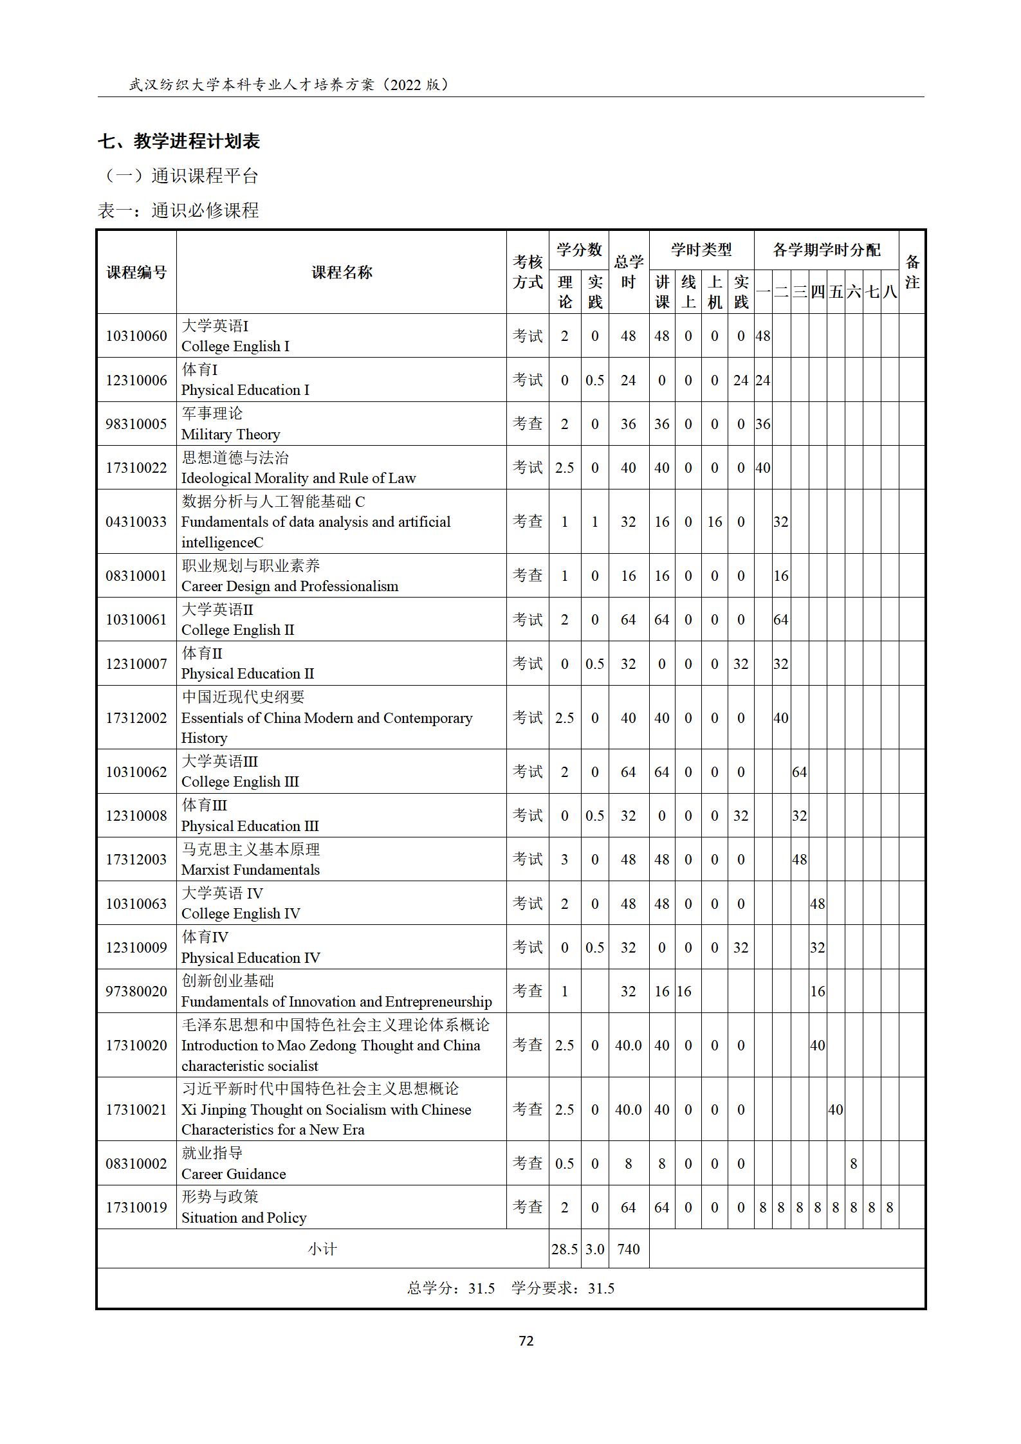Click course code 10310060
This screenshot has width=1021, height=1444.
pos(136,336)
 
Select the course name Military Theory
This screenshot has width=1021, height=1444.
pos(230,434)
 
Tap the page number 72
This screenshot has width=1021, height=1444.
pos(526,1340)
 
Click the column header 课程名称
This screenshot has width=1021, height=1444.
pos(342,272)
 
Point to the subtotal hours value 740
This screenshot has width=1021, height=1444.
pos(628,1249)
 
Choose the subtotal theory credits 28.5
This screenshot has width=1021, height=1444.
pos(564,1249)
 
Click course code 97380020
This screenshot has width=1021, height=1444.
pos(136,991)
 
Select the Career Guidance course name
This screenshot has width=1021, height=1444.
pos(233,1174)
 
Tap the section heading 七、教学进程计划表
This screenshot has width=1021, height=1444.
pos(179,141)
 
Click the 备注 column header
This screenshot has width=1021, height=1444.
pos(912,272)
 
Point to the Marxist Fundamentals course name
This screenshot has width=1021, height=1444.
pos(250,870)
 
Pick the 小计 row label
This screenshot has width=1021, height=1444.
pos(322,1249)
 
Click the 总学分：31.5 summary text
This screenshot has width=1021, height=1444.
pos(450,1288)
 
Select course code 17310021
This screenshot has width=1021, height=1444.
pos(136,1110)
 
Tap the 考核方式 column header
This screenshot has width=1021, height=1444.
pos(528,272)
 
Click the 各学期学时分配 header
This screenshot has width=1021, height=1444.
pos(826,250)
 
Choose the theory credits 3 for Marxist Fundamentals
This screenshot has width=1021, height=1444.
pos(564,859)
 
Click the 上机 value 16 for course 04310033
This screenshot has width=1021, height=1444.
pos(714,522)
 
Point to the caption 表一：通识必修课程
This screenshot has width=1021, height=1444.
pos(178,210)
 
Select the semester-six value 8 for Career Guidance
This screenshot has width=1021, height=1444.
pos(853,1164)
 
